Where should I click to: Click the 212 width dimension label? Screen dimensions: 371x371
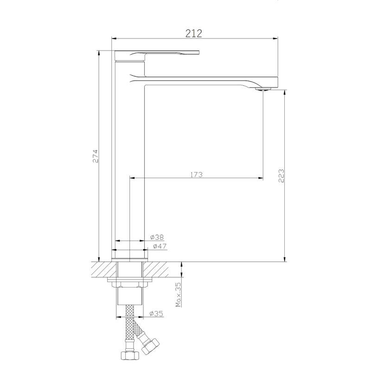(x=193, y=33)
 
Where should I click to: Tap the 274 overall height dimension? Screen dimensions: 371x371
(x=95, y=156)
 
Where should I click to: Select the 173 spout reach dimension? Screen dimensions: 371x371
(x=196, y=175)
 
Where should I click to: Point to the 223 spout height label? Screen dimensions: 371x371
(x=281, y=176)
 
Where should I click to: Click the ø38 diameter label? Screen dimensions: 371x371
(x=157, y=237)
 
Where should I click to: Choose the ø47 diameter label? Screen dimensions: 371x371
(x=160, y=246)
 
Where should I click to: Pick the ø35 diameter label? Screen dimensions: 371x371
(x=156, y=313)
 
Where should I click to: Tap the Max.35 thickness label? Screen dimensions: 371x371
(x=178, y=294)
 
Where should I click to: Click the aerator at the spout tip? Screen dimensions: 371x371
(x=263, y=89)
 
